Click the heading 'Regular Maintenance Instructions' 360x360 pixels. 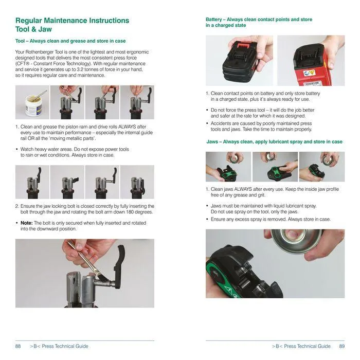point(72,21)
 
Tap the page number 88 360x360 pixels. point(18,346)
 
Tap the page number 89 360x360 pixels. point(341,346)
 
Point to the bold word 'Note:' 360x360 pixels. point(26,223)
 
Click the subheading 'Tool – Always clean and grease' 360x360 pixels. point(70,41)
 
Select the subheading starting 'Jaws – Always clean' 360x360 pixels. point(274,141)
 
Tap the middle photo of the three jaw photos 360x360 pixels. point(275,166)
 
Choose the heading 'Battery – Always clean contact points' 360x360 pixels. point(259,22)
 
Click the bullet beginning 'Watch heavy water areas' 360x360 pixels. point(72,152)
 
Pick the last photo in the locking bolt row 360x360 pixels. point(137,182)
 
